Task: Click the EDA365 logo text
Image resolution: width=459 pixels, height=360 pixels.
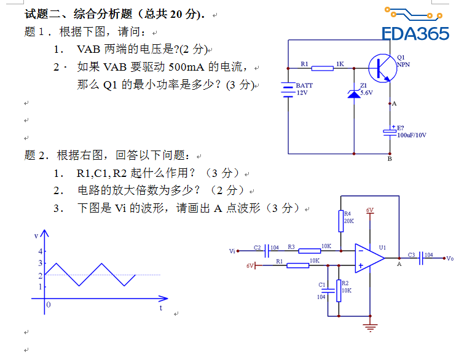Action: [415, 34]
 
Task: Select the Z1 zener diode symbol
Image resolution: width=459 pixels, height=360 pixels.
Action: [355, 92]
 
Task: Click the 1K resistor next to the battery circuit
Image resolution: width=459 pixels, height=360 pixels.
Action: [323, 68]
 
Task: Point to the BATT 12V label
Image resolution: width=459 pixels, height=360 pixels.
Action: [304, 89]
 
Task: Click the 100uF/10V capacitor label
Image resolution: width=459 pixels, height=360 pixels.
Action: [412, 135]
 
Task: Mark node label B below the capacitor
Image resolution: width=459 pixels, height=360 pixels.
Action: [390, 159]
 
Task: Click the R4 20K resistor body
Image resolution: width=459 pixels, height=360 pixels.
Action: [340, 220]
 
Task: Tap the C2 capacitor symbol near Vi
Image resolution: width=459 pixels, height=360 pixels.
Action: [268, 251]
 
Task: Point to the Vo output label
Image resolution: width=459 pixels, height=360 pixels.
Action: [450, 258]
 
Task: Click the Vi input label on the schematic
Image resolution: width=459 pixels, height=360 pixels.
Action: [232, 251]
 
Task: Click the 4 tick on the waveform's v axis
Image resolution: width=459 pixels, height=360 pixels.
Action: [41, 251]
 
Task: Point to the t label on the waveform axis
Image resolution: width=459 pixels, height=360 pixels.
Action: [160, 308]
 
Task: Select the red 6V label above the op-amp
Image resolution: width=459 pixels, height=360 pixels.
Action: [370, 210]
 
